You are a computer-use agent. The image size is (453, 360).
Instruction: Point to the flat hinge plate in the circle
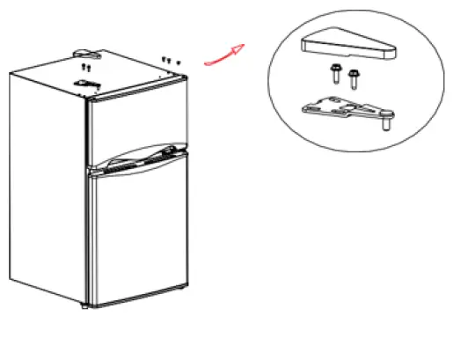pos(347,109)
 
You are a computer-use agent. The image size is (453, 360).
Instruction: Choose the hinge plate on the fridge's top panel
pos(86,84)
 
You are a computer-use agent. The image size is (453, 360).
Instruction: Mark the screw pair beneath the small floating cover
pos(84,66)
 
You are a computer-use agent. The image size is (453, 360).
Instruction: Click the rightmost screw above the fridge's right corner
pos(179,62)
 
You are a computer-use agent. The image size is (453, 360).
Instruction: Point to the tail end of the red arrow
pos(206,63)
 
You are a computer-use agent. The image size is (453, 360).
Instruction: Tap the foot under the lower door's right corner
pos(182,286)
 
